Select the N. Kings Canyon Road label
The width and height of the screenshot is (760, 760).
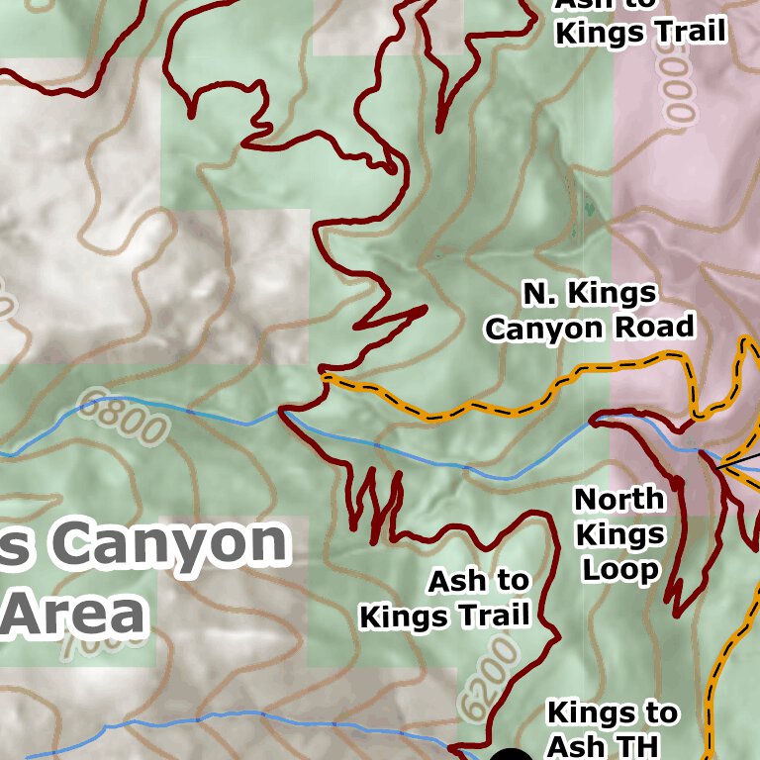pos(590,310)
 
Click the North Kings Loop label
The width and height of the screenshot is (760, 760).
pos(619,534)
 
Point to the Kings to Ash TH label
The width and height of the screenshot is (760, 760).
pos(613,728)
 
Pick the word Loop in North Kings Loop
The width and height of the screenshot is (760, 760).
pos(620,570)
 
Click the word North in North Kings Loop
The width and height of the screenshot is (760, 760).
pos(619,499)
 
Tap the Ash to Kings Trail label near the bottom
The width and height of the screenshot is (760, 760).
pos(444,599)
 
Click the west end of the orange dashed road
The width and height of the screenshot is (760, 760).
pos(326,376)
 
